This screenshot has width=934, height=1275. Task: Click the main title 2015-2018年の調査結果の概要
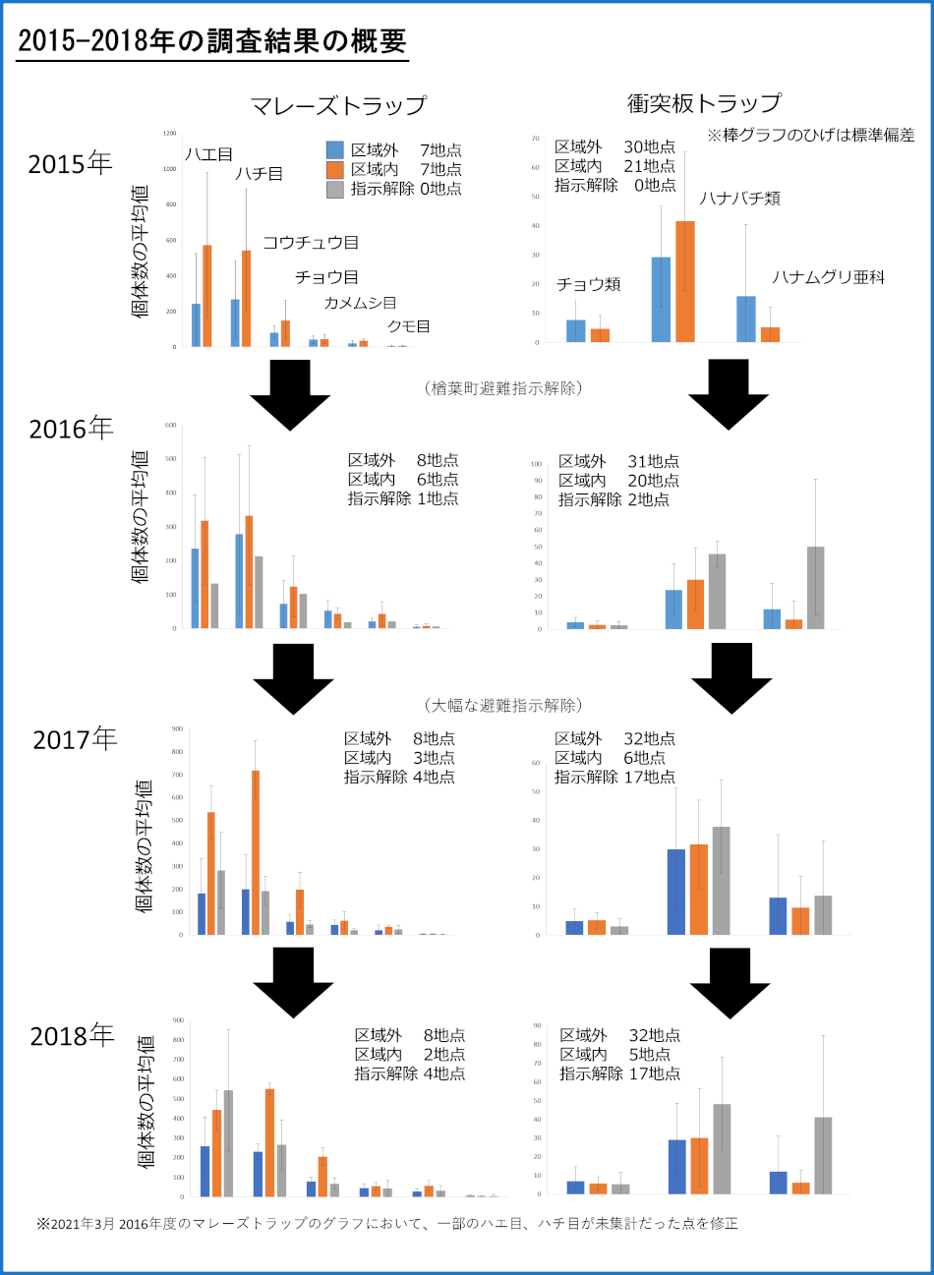pos(212,40)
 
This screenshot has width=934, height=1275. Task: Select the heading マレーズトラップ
pos(338,105)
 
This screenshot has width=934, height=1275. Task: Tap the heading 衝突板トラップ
pos(704,103)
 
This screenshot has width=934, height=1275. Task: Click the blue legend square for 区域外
pos(335,150)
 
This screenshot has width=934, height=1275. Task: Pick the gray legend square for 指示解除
pos(335,189)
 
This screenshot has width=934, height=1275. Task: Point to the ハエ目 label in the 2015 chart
pos(208,154)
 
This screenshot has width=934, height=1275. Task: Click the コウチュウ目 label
pos(311,243)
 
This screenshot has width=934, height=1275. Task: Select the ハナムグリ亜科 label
pos(828,277)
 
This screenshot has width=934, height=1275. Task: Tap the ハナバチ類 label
pos(739,199)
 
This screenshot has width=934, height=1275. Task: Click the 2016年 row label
pos(71,429)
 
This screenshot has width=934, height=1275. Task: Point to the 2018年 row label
pos(72,1036)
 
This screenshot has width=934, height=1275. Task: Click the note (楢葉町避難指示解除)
pos(503,388)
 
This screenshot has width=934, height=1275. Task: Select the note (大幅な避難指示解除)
pos(503,705)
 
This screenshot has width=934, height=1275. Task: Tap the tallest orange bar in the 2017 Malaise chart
pos(256,851)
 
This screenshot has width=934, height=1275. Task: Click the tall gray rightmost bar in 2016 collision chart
pos(815,587)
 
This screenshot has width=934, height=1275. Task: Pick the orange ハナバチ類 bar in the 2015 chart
pos(685,281)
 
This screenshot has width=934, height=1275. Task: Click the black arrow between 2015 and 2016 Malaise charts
pos(290,393)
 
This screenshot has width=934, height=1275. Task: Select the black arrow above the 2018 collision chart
pos(730,982)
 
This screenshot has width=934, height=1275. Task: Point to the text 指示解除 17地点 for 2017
pos(614,777)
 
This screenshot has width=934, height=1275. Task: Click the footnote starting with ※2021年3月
pos(386,1224)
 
